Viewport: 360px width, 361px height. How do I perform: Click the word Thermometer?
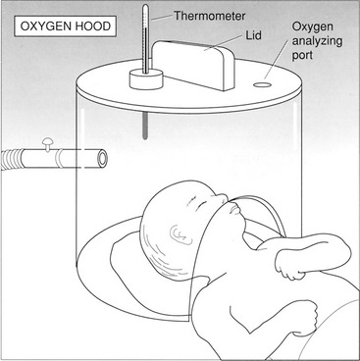(x=209, y=16)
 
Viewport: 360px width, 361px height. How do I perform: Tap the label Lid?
(x=254, y=35)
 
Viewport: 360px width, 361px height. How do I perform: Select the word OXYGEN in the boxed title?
(x=44, y=26)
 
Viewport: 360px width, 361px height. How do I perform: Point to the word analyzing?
(x=317, y=41)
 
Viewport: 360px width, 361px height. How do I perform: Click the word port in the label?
(x=302, y=55)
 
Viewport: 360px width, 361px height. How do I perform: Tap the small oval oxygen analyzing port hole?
(x=262, y=84)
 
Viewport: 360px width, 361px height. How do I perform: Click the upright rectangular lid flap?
(x=193, y=65)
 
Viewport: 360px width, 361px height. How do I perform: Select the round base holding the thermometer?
(x=146, y=79)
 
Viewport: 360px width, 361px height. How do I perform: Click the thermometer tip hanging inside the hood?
(x=145, y=127)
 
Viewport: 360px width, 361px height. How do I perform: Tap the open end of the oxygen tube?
(x=103, y=158)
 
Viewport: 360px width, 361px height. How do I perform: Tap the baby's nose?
(x=223, y=197)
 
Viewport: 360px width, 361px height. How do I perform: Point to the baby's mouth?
(x=233, y=210)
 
